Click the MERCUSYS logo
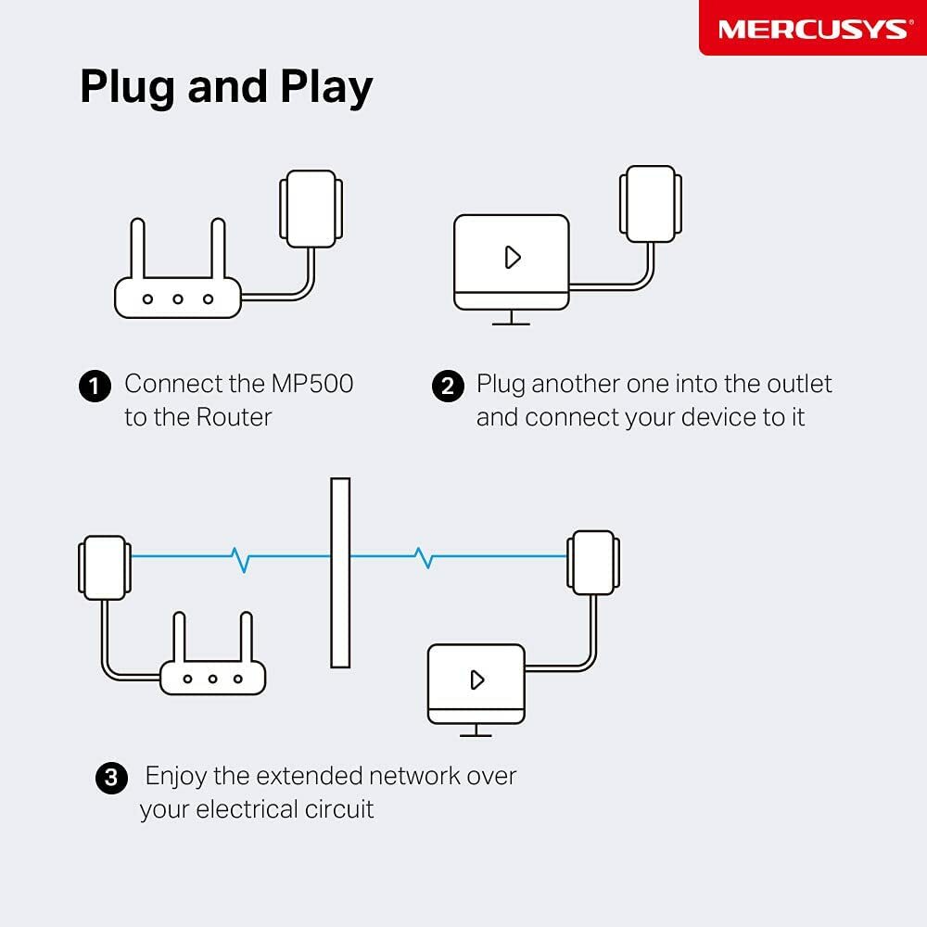tap(812, 28)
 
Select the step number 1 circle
tap(95, 386)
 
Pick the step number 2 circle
tap(448, 386)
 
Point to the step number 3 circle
tap(111, 777)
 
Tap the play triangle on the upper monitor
tap(513, 257)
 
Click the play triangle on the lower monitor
tap(477, 679)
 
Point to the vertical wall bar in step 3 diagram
tap(340, 572)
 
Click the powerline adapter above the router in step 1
tap(311, 209)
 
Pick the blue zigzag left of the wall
tap(241, 557)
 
